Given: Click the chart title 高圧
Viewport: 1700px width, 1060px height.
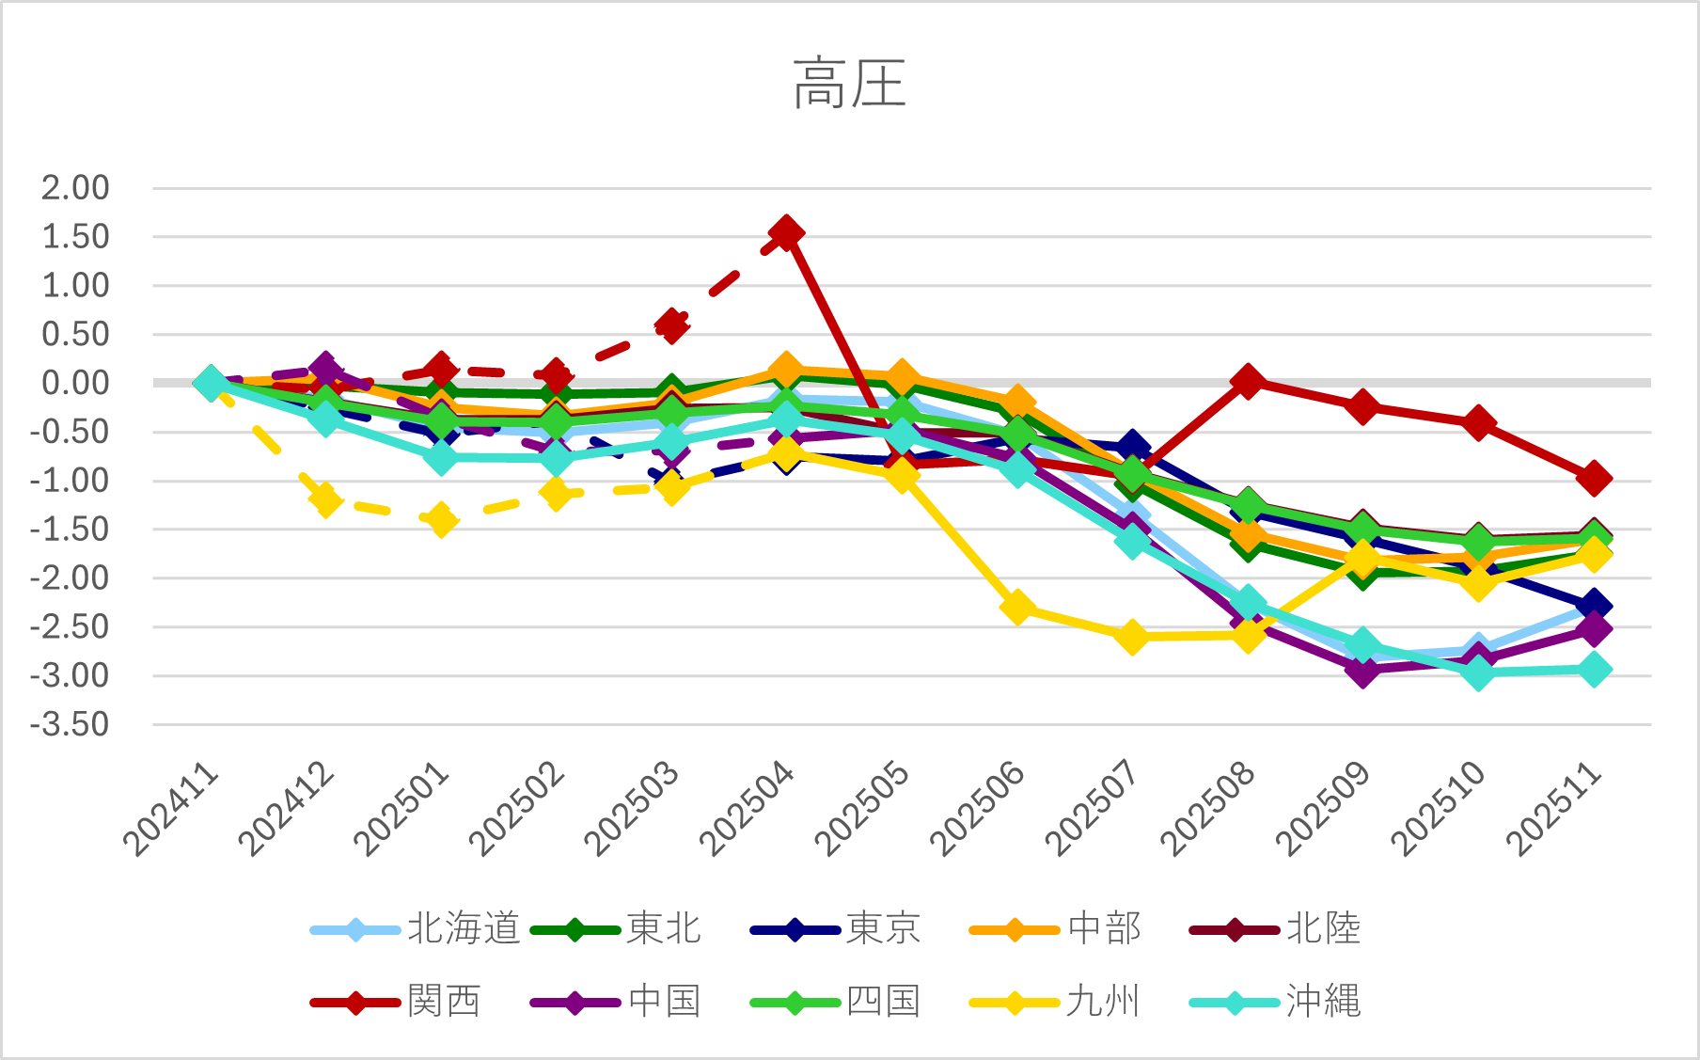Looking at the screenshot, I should pos(849,84).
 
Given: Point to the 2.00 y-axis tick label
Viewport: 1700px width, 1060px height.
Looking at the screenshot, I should pos(75,188).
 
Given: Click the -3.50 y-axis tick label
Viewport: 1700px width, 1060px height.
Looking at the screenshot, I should pos(70,725).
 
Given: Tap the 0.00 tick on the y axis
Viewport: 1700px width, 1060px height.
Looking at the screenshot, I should pos(75,383).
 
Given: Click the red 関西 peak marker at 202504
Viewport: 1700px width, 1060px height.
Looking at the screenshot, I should pos(786,232).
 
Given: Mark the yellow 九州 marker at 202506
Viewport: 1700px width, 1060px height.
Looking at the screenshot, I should pos(1017,607).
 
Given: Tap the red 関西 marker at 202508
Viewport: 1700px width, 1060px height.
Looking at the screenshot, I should pos(1248,381).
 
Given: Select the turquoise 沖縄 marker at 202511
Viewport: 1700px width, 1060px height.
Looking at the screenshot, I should pos(1594,671).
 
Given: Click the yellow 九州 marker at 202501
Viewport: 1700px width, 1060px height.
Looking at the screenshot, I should pos(441,519).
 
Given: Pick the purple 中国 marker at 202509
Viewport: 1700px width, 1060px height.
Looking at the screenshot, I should pos(1362,670).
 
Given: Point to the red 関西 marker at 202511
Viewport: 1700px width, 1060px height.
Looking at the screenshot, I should pos(1594,478).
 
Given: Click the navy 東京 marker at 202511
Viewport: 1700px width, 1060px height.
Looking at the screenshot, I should pos(1594,606).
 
